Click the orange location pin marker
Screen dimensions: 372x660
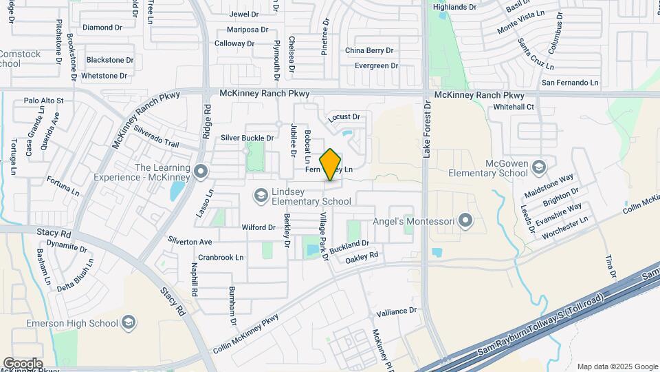(x=331, y=165)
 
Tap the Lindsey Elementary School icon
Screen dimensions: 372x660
(x=261, y=196)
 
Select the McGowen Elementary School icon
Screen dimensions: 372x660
(x=540, y=167)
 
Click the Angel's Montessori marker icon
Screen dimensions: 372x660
(x=466, y=221)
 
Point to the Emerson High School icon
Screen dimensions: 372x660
(x=128, y=322)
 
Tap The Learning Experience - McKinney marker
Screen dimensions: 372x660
(x=201, y=170)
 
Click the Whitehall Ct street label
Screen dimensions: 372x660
(x=514, y=107)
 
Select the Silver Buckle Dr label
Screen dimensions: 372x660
(x=247, y=138)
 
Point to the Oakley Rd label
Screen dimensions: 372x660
(x=362, y=256)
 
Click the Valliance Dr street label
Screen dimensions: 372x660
(x=397, y=311)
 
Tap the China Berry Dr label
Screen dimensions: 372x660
(x=369, y=50)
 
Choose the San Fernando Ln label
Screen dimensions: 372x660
(x=570, y=83)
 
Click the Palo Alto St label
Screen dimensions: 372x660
(x=43, y=101)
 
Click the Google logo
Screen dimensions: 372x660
(x=22, y=364)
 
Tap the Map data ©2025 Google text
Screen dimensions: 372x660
(x=617, y=366)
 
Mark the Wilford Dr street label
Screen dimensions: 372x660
(x=258, y=227)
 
